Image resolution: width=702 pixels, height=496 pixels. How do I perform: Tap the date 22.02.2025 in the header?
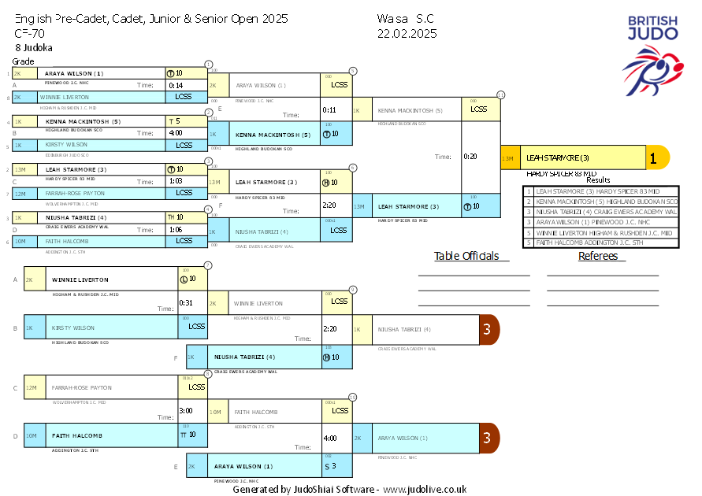[407, 33]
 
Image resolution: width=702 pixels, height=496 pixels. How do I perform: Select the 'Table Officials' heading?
[466, 256]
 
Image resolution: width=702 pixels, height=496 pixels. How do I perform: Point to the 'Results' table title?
[598, 180]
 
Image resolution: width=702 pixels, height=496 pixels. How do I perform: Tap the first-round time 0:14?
[176, 85]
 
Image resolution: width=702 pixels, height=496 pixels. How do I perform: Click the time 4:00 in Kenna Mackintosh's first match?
[176, 133]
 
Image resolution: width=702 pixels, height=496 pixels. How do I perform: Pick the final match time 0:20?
[470, 157]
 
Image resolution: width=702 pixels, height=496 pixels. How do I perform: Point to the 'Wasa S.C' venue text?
[405, 18]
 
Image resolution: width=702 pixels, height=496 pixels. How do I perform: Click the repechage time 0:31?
[186, 302]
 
